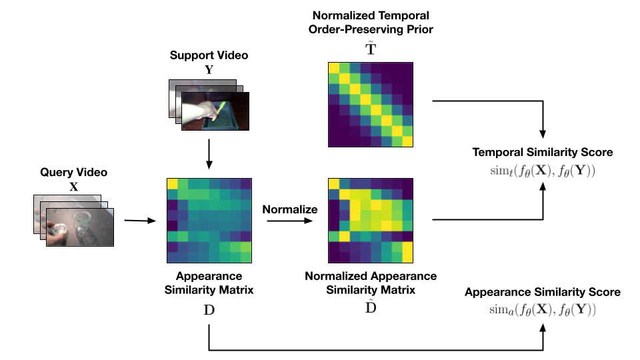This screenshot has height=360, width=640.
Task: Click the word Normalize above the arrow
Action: [289, 209]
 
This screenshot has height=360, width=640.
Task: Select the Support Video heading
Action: [209, 55]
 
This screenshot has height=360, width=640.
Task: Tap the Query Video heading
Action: [73, 173]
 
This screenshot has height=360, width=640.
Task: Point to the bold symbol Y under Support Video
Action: [209, 68]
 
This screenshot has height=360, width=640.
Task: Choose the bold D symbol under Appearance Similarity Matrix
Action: [209, 311]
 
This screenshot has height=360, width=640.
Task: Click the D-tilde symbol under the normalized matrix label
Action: [370, 307]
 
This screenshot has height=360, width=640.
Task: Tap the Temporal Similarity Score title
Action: [542, 153]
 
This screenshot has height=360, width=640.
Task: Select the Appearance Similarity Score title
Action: [542, 292]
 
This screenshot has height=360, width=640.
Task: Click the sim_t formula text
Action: [542, 170]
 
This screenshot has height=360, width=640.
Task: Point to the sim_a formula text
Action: [542, 309]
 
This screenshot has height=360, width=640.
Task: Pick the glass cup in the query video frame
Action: [83, 219]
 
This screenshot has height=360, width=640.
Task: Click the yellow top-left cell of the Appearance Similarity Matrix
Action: [172, 183]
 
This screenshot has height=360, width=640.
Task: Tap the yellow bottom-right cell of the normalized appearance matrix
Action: [407, 253]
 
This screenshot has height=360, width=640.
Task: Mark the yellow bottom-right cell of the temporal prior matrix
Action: [407, 141]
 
